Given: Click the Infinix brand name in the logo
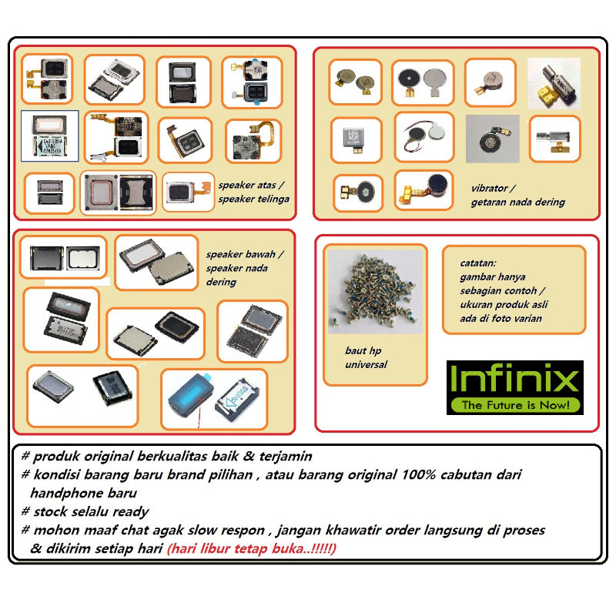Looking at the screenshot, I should (514, 380).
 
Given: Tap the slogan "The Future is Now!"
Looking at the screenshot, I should (514, 404).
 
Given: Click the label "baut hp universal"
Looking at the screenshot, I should (366, 358).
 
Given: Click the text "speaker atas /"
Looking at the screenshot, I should (251, 185).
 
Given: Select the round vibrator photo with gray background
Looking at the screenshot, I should (492, 139).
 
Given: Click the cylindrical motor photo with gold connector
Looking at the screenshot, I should (554, 82).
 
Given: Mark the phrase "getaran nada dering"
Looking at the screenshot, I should (517, 203).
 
